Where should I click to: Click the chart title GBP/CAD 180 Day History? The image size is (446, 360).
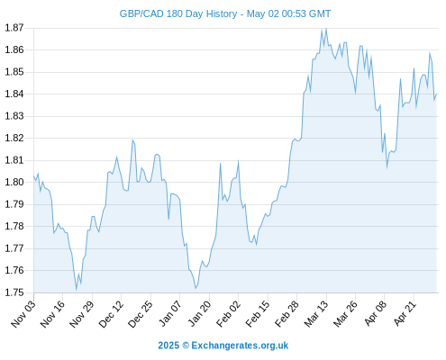tap(178, 13)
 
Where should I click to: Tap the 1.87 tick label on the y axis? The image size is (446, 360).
tap(14, 28)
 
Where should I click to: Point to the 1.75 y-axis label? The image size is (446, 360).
tap(14, 292)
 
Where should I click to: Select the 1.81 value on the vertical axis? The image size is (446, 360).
tap(14, 160)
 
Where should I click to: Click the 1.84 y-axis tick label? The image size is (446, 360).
tap(14, 94)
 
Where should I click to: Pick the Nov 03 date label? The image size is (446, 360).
tap(23, 313)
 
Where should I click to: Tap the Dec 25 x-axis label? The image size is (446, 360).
tap(141, 313)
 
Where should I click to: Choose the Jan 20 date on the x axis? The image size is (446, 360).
tap(199, 313)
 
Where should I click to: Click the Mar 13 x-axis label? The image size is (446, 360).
tap(316, 313)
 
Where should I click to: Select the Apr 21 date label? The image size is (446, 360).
tap(405, 313)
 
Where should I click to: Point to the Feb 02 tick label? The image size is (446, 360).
tap(228, 313)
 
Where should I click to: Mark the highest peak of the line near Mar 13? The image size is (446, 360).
tap(326, 29)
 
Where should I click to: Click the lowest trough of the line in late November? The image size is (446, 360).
tap(77, 290)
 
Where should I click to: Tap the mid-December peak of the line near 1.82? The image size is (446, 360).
tap(132, 140)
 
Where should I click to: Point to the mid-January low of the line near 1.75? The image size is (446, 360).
tap(196, 288)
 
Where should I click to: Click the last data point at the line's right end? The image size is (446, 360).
tap(436, 94)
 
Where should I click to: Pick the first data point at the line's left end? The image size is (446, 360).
tap(33, 176)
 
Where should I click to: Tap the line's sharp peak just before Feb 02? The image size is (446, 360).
tap(238, 161)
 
